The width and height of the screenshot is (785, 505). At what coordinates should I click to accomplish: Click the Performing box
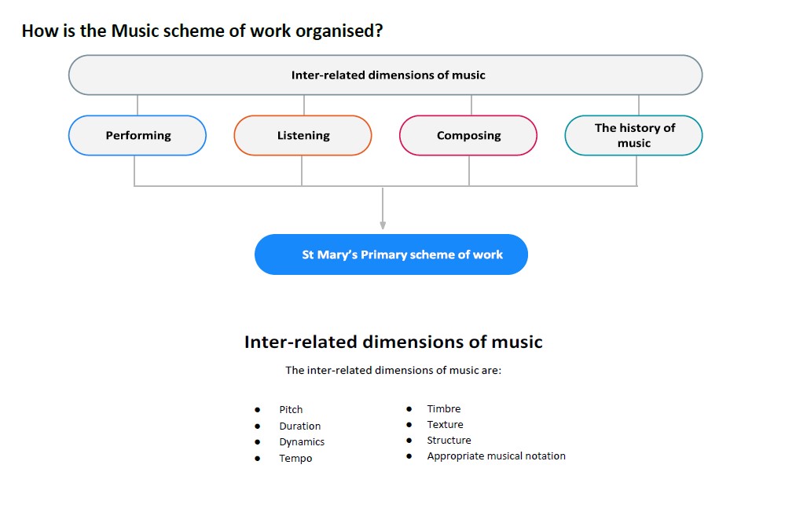pyautogui.click(x=138, y=135)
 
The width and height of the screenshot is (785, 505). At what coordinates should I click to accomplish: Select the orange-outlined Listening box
pyautogui.click(x=303, y=135)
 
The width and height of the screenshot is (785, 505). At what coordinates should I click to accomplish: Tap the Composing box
pyautogui.click(x=468, y=135)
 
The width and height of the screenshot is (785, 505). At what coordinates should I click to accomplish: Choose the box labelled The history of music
pyautogui.click(x=634, y=135)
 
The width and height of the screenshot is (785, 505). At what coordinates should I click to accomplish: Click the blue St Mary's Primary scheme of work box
pyautogui.click(x=391, y=254)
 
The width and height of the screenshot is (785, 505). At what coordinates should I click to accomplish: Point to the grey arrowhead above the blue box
pyautogui.click(x=383, y=225)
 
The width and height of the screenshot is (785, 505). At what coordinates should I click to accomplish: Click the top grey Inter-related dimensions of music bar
pyautogui.click(x=386, y=75)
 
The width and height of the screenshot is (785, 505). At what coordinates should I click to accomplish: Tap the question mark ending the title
pyautogui.click(x=379, y=31)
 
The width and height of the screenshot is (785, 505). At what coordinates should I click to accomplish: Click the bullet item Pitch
pyautogui.click(x=291, y=409)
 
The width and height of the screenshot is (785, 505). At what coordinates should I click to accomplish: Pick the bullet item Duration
pyautogui.click(x=300, y=426)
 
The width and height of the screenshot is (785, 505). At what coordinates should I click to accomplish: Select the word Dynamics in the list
pyautogui.click(x=302, y=442)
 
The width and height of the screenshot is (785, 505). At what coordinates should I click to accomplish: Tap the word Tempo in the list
pyautogui.click(x=295, y=459)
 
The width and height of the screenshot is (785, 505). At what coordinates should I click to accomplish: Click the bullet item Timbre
pyautogui.click(x=443, y=408)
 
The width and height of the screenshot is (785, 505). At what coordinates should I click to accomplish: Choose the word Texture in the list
pyautogui.click(x=445, y=424)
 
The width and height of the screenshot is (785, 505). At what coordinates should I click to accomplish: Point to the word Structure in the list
pyautogui.click(x=449, y=440)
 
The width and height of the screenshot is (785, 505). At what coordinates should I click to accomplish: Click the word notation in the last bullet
pyautogui.click(x=545, y=456)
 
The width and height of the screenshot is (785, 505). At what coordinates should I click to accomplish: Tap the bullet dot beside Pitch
pyautogui.click(x=257, y=410)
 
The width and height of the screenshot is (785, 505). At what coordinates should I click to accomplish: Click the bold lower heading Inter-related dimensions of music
pyautogui.click(x=394, y=342)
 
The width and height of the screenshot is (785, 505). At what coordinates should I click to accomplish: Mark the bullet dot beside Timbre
pyautogui.click(x=409, y=409)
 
